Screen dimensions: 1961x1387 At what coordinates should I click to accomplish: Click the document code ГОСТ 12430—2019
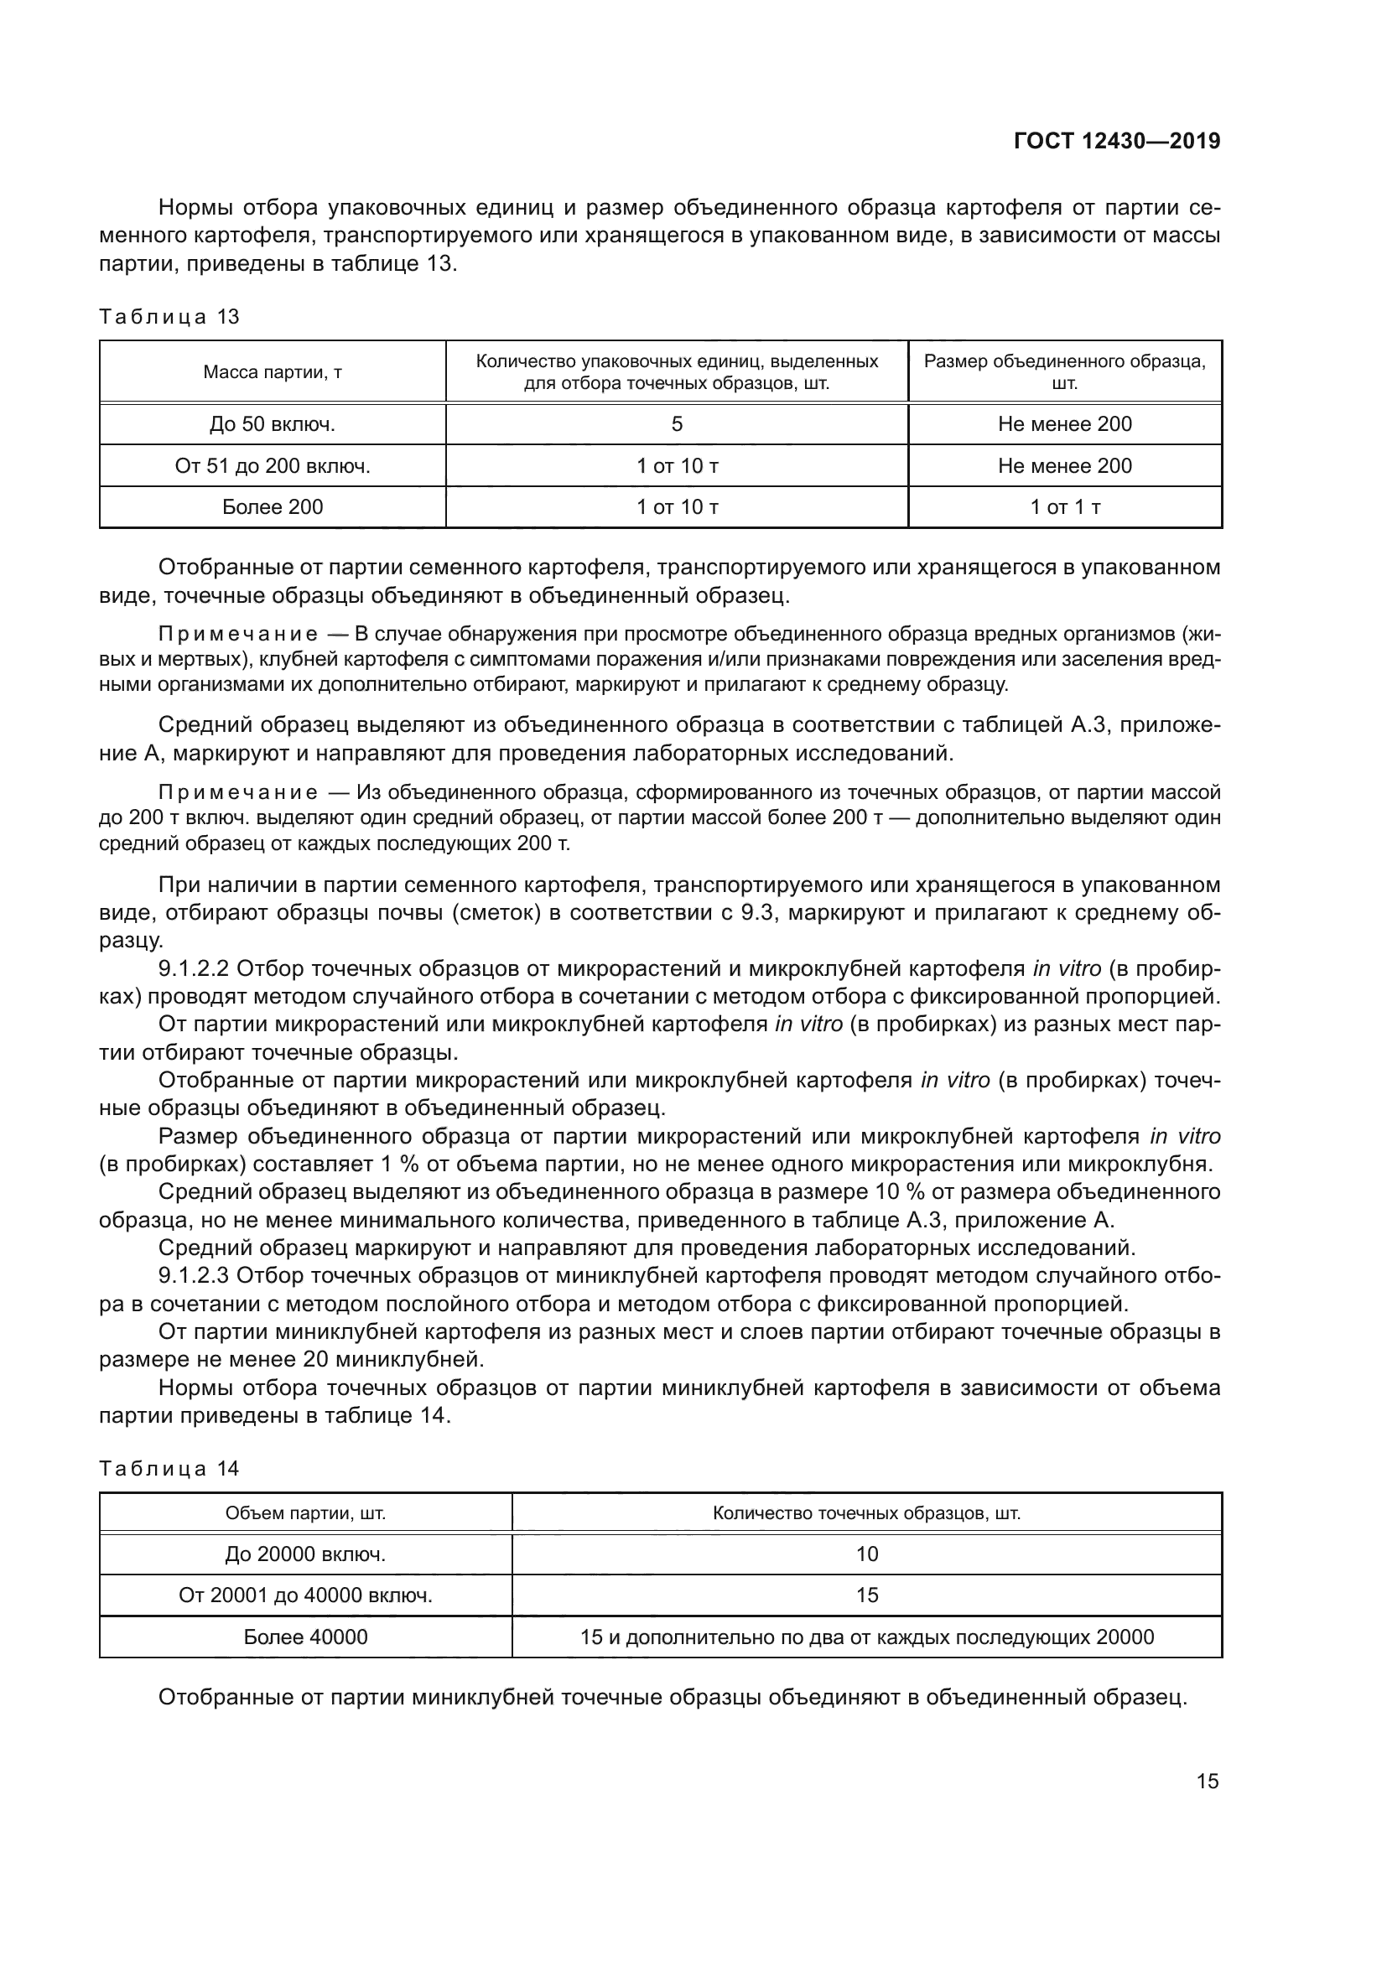tap(1116, 141)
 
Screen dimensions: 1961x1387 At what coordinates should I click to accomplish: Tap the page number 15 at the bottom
tap(1207, 1781)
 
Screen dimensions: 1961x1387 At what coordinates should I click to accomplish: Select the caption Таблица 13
tap(169, 317)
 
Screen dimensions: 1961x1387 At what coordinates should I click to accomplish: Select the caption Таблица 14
tap(169, 1469)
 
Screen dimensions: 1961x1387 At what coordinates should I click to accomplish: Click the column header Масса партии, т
tap(273, 372)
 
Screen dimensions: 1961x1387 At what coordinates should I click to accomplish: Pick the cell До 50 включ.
tap(273, 423)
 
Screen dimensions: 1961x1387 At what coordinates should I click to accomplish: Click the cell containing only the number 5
tap(677, 423)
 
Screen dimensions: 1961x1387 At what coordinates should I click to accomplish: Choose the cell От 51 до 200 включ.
tap(273, 465)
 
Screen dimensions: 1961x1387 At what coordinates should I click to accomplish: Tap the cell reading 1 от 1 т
tap(1065, 507)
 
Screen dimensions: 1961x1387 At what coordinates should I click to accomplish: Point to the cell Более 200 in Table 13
tap(273, 507)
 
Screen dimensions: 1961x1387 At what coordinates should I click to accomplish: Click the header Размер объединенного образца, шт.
tap(1065, 371)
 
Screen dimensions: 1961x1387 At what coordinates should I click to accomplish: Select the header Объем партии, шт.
tap(306, 1513)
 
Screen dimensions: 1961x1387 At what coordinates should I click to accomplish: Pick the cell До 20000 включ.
tap(306, 1554)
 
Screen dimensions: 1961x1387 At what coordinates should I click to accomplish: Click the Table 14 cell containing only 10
tap(867, 1554)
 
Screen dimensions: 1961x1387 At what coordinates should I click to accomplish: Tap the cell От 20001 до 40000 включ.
tap(306, 1595)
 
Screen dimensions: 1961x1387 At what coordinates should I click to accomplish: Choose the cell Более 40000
tap(306, 1637)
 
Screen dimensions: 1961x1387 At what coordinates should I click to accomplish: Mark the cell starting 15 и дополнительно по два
tap(867, 1637)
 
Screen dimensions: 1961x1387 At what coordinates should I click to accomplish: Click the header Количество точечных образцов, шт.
tap(867, 1513)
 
